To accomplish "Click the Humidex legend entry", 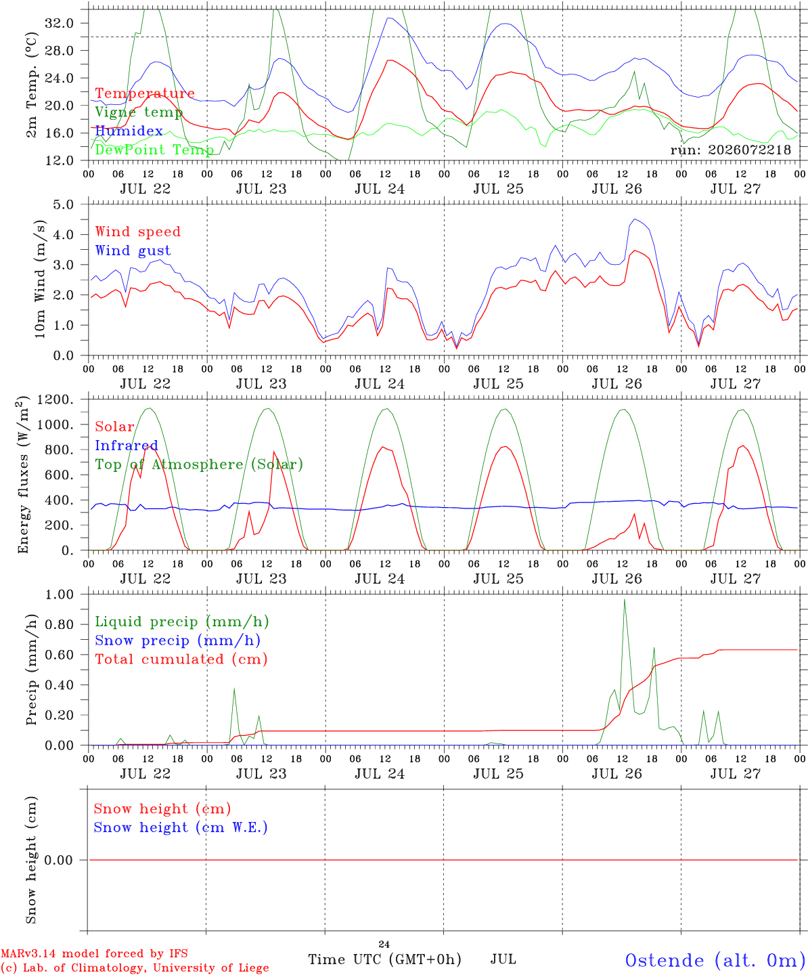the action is coord(129,131).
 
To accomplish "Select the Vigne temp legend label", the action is coord(139,112).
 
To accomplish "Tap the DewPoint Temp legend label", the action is coord(154,150).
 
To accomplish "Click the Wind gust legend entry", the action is coord(133,251).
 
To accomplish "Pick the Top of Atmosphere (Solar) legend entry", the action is coord(200,464).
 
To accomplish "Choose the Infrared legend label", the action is coord(127,446).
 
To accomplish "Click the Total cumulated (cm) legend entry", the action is coord(181,659).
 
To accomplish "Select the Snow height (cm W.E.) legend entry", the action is coord(181,827).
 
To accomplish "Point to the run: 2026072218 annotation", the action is coord(730,150).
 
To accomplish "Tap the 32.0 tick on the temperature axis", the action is coord(59,23).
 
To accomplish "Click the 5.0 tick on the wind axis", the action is coord(63,204).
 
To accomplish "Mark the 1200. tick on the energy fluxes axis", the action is coord(55,399).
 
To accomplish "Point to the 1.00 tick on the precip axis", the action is coord(60,594).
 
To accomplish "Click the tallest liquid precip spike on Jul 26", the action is coord(625,600).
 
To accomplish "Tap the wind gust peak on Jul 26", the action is coord(634,219).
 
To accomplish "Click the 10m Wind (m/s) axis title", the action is coord(40,279).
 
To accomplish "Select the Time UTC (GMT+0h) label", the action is coord(384,959).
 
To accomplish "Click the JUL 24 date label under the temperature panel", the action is coord(380,189).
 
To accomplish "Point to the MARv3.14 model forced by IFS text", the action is coord(94,953).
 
